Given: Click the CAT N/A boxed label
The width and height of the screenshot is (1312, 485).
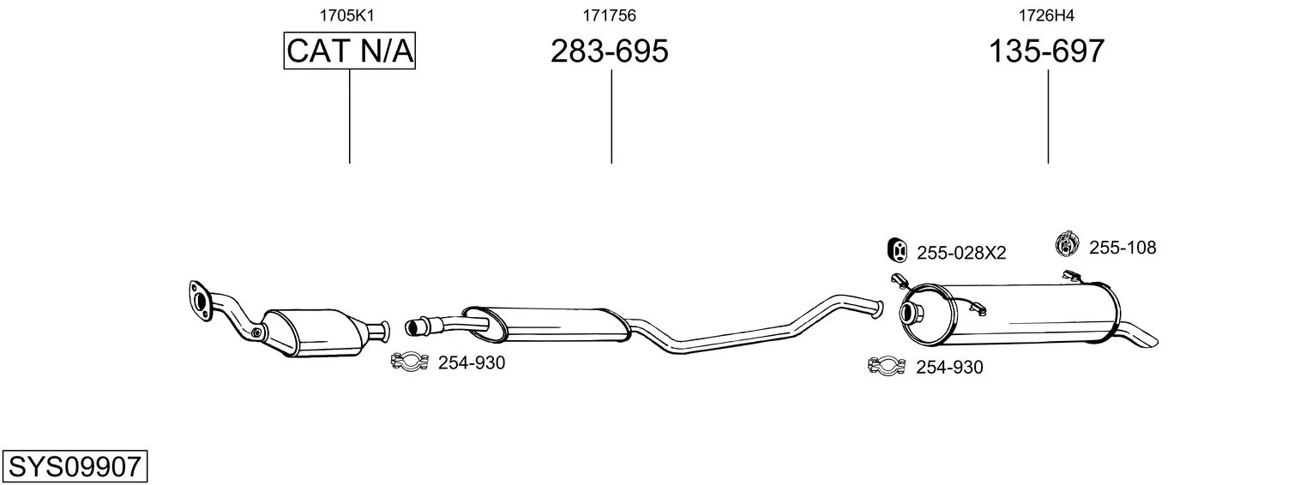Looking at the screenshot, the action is click(350, 51).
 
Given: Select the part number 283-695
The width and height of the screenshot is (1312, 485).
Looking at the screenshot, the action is click(609, 51).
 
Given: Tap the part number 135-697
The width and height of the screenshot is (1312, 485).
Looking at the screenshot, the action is click(1047, 51).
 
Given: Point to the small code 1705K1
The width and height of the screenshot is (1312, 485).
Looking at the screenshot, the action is click(346, 15).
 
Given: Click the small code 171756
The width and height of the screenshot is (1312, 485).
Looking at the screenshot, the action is click(609, 15).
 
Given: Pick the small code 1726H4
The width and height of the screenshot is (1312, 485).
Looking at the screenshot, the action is click(1047, 15).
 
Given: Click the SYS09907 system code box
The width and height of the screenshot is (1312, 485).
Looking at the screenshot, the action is click(75, 466).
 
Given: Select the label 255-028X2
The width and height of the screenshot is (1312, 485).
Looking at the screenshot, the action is click(961, 253).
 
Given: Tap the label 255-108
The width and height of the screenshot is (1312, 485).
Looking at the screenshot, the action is click(1122, 248).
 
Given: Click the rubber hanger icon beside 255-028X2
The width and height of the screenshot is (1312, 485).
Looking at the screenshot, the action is click(897, 250).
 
